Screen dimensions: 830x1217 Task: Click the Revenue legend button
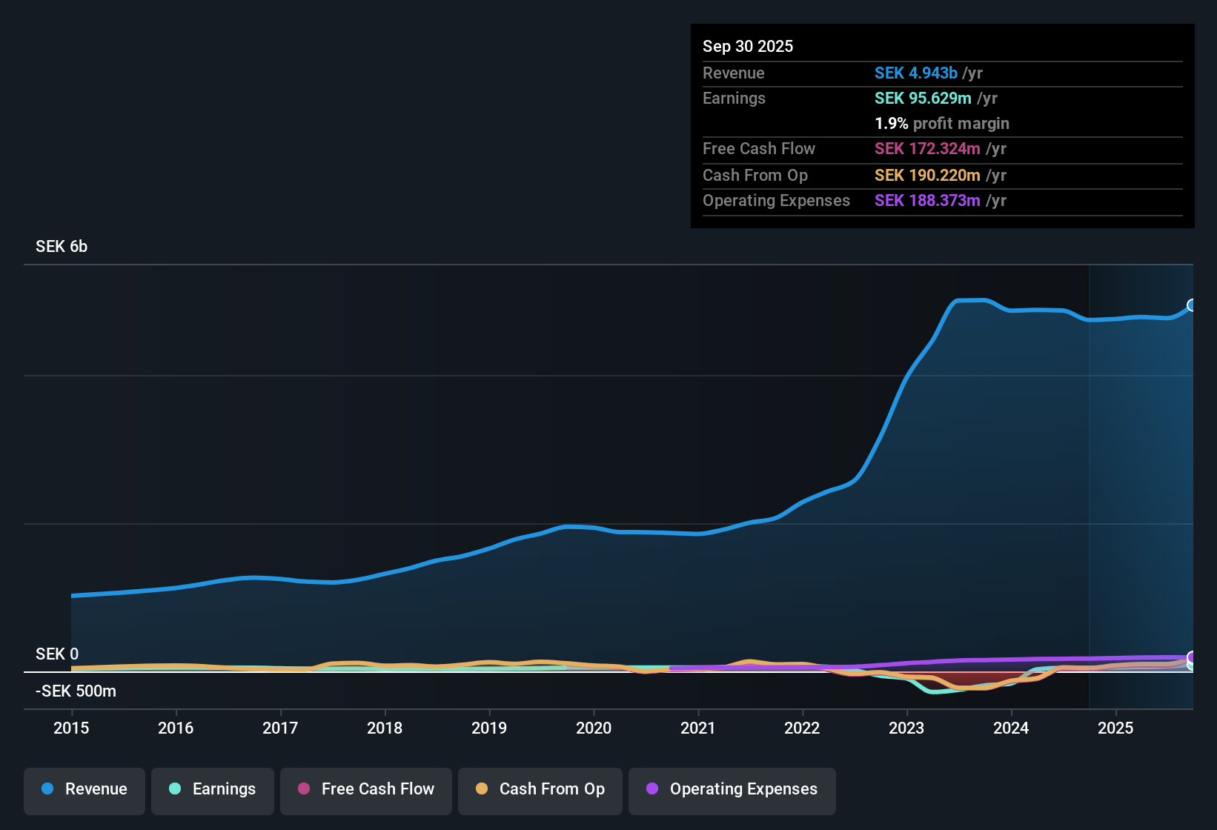coord(84,789)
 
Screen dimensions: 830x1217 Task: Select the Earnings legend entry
coord(213,789)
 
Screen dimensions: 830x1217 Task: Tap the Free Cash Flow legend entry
coord(366,789)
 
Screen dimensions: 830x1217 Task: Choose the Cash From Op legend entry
coord(540,789)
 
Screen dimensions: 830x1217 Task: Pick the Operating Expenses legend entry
coord(732,789)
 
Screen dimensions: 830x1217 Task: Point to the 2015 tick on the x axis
coord(71,728)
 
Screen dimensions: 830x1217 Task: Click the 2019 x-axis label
coord(489,728)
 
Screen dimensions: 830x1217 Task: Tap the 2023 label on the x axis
coord(906,728)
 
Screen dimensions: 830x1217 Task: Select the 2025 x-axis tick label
coord(1115,728)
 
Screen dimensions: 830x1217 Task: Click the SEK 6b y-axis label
coord(62,247)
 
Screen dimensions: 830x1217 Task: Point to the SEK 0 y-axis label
coord(57,654)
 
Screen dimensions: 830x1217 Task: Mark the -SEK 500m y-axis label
coord(76,691)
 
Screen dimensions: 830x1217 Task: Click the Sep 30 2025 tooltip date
coord(748,47)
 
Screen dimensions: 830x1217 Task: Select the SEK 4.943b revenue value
coord(916,73)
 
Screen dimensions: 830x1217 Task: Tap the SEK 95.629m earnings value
coord(923,99)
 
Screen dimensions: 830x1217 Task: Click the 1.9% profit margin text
coord(942,124)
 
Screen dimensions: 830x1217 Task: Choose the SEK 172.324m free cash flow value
coord(927,149)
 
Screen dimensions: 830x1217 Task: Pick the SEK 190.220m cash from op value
coord(927,176)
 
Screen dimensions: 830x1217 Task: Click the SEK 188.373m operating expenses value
coord(927,201)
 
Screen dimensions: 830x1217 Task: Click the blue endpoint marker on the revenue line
coord(1192,305)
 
